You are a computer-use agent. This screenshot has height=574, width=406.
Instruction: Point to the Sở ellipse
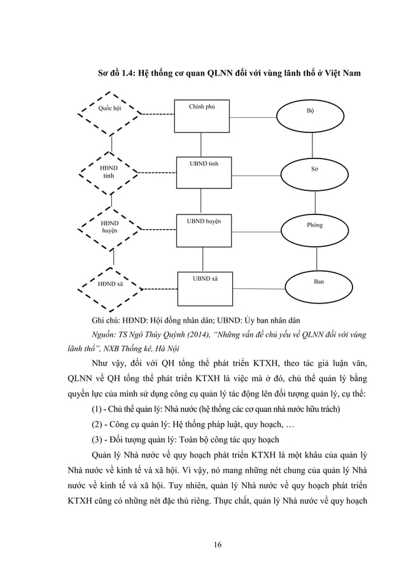(314, 170)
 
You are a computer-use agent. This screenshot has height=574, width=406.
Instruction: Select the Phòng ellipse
(314, 225)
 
